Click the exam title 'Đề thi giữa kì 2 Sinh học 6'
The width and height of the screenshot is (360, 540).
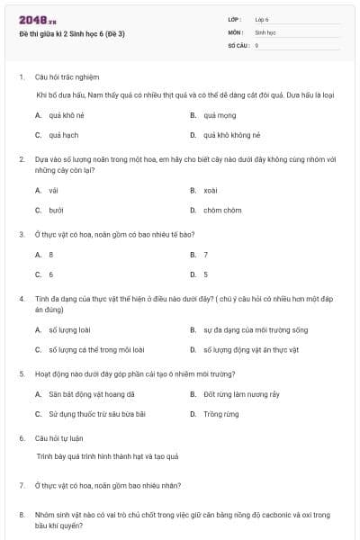pos(71,34)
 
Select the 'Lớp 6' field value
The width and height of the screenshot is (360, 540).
pos(262,19)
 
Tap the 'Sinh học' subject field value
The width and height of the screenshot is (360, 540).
pos(265,31)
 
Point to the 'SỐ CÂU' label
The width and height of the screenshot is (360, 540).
pos(236,44)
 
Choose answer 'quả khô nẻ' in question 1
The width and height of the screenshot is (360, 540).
pos(67,115)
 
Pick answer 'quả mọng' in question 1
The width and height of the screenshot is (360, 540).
pos(219,115)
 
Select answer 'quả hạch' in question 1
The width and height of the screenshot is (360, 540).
pos(64,135)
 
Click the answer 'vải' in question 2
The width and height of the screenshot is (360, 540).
pos(53,190)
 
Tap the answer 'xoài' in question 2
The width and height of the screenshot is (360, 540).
pos(211,190)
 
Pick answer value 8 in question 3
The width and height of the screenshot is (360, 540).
pos(51,255)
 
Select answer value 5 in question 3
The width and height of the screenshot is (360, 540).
pos(206,274)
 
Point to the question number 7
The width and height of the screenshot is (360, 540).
pos(22,485)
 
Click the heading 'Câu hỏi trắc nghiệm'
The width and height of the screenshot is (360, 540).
pos(67,77)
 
